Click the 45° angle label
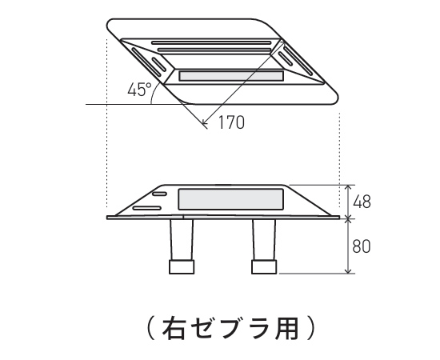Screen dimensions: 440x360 pyautogui.click(x=139, y=90)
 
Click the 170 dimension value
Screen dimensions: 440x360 pyautogui.click(x=231, y=122)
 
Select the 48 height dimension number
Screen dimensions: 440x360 pyautogui.click(x=362, y=202)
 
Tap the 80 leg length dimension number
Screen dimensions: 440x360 pyautogui.click(x=362, y=246)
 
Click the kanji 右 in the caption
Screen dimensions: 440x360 pyautogui.click(x=174, y=328)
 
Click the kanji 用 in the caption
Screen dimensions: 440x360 pyautogui.click(x=286, y=328)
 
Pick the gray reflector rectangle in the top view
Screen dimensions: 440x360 pyautogui.click(x=231, y=76)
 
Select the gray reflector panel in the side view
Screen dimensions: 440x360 pyautogui.click(x=230, y=199)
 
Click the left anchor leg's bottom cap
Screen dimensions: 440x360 pyautogui.click(x=182, y=267)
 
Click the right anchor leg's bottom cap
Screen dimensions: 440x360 pyautogui.click(x=264, y=267)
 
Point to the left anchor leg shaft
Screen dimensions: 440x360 pyautogui.click(x=182, y=240)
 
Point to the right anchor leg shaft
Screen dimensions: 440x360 pyautogui.click(x=264, y=240)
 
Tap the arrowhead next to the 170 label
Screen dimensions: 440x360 pyautogui.click(x=205, y=122)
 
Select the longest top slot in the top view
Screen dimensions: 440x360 pyautogui.click(x=211, y=43)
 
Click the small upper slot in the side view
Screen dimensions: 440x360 pyautogui.click(x=159, y=194)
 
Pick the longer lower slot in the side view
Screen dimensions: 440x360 pyautogui.click(x=146, y=208)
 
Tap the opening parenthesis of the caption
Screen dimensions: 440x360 pyautogui.click(x=152, y=328)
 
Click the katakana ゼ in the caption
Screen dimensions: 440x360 pyautogui.click(x=202, y=328)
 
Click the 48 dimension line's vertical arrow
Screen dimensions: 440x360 pyautogui.click(x=348, y=202)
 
